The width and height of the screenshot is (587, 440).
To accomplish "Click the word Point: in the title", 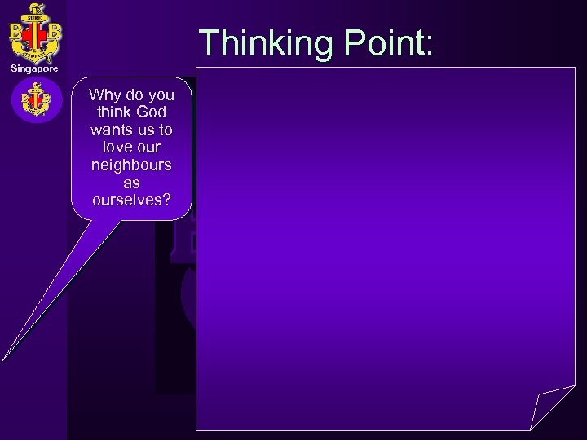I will tap(382, 42).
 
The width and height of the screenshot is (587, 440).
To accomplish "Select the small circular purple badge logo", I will tap(36, 100).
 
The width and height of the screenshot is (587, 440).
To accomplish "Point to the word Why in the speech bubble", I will tap(105, 95).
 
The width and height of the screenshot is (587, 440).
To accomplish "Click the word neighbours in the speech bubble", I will tap(132, 165).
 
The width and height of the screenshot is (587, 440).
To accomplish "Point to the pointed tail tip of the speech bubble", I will tap(4, 358).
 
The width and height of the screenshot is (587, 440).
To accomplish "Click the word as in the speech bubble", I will tap(132, 183).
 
